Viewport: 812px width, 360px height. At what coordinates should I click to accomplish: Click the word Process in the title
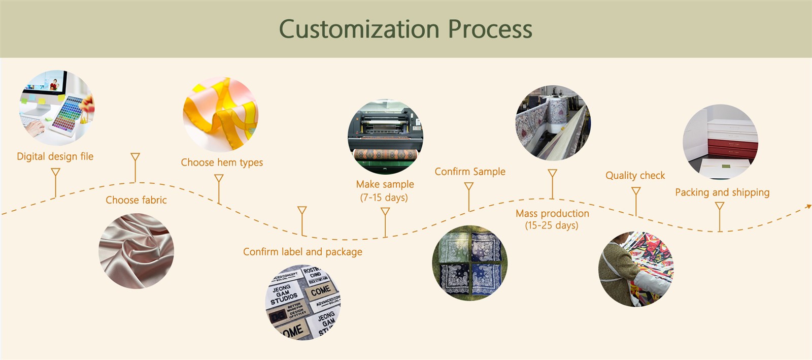coord(490,29)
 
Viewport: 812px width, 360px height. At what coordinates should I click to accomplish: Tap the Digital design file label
coord(55,156)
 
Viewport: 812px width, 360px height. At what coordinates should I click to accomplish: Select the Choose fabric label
coord(136,200)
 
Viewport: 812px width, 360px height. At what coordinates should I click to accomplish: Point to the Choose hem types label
coord(222,162)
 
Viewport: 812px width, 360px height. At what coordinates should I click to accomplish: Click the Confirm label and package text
coord(302,252)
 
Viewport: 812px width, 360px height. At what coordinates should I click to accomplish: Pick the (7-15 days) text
coord(384,198)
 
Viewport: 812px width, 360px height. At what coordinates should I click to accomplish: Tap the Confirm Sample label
coord(470,172)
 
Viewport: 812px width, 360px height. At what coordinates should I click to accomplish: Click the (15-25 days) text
coord(552,225)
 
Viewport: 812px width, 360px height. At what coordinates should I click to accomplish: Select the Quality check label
coord(635,176)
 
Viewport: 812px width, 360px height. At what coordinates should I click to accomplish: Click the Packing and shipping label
coord(722,192)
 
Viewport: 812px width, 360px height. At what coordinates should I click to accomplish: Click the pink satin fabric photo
coord(136,251)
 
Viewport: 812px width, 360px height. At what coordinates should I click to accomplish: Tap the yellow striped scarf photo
coord(221,114)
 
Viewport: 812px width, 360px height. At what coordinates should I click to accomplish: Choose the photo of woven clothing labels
coord(303,302)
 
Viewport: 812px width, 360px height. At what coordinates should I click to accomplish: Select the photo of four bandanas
coord(469,263)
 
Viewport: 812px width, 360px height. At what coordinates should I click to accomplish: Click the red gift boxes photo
coord(720,142)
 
